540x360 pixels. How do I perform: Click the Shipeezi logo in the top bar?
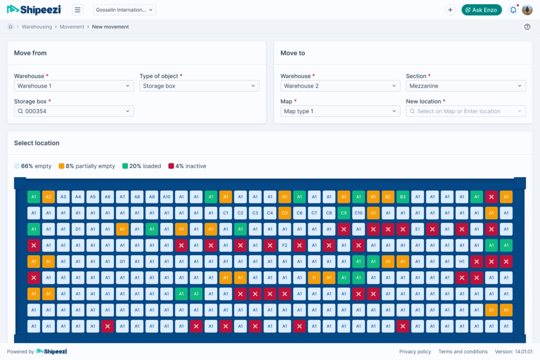34,9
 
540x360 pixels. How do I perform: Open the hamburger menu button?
78,10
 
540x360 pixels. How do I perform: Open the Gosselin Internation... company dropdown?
125,10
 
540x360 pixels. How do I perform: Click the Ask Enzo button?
481,10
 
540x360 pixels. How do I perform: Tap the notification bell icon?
513,10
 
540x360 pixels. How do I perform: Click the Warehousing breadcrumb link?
36,27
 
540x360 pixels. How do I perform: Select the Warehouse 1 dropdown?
74,86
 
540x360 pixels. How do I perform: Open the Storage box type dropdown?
199,86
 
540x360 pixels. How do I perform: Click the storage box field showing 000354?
74,111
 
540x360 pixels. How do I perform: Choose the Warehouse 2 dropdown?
340,86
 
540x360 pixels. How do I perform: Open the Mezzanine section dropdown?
466,86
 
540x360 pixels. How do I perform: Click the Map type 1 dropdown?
340,111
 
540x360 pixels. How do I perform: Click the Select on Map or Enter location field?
466,111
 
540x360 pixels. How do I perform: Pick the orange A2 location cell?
49,197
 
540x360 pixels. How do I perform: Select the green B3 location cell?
403,197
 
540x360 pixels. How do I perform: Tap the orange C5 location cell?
285,213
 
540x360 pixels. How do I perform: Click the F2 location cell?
285,245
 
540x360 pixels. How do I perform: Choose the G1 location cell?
122,261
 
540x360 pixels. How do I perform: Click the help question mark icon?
527,27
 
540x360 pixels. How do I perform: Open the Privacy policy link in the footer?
415,352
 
